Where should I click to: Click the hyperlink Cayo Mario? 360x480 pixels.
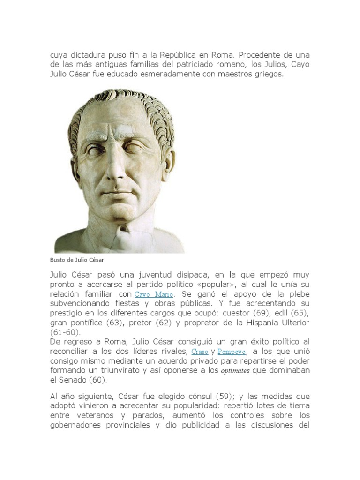tap(154, 294)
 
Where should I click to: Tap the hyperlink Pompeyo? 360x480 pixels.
tap(232, 352)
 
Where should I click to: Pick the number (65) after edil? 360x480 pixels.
tap(300, 314)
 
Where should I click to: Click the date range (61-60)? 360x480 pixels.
tap(66, 332)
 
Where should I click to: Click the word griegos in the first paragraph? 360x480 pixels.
tap(268, 74)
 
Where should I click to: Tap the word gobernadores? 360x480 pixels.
tap(81, 425)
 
